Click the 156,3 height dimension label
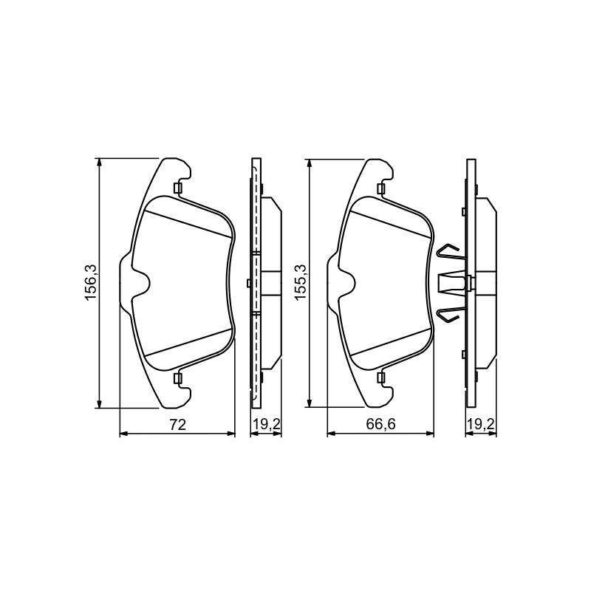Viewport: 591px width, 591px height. pyautogui.click(x=92, y=282)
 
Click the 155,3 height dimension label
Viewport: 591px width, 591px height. pyautogui.click(x=301, y=282)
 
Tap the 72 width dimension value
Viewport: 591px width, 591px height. pyautogui.click(x=178, y=426)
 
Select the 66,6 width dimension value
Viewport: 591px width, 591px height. pyautogui.click(x=381, y=425)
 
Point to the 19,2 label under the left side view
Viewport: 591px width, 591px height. pyautogui.click(x=266, y=425)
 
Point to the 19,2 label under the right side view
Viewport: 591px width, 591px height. pyautogui.click(x=481, y=425)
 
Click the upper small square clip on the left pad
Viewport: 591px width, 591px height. pyautogui.click(x=177, y=188)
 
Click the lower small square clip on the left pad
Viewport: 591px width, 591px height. pyautogui.click(x=177, y=378)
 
